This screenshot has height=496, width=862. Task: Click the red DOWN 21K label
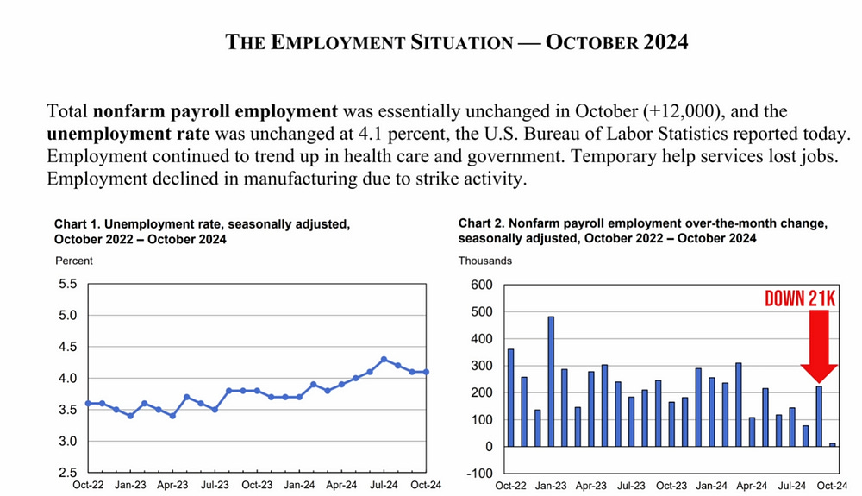click(801, 298)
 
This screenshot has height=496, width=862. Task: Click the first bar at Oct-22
click(511, 398)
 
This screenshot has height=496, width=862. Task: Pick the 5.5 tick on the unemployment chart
click(67, 284)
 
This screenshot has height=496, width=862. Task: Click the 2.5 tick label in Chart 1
click(67, 474)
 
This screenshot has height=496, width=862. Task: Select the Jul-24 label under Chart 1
click(384, 486)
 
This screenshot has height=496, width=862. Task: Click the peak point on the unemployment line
click(384, 360)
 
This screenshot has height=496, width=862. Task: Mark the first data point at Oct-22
click(88, 403)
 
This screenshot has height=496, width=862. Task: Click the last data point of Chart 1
click(426, 372)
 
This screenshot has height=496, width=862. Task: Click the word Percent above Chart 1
click(73, 261)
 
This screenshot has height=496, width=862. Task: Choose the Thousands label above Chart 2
click(485, 261)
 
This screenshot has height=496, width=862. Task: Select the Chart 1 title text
click(202, 231)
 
